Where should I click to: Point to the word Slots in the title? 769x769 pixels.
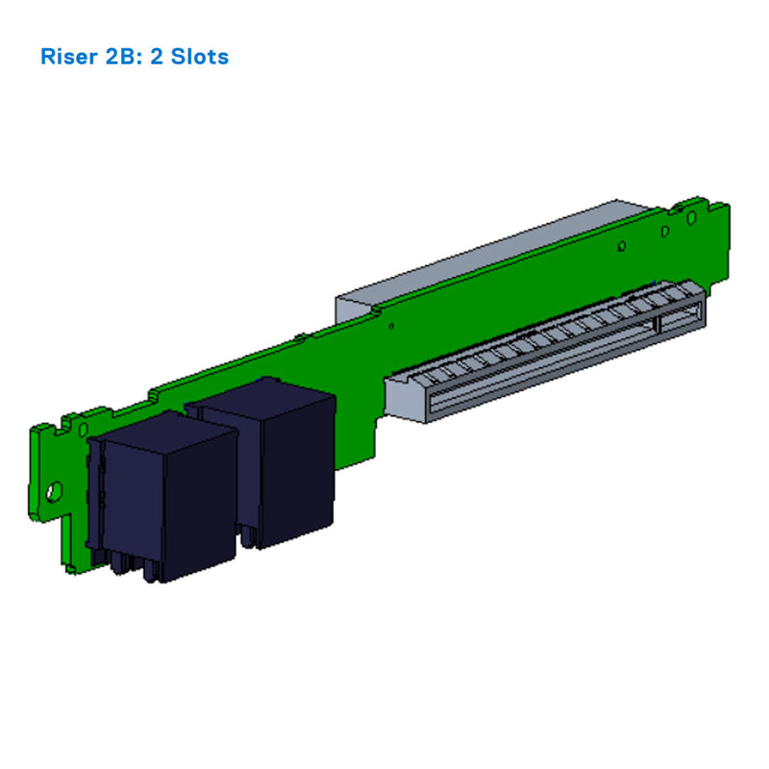coord(200,57)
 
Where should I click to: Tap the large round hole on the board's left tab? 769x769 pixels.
coord(54,490)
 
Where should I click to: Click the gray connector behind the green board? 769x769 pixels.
coord(481,255)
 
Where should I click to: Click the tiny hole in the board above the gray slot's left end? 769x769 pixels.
coord(390,327)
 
